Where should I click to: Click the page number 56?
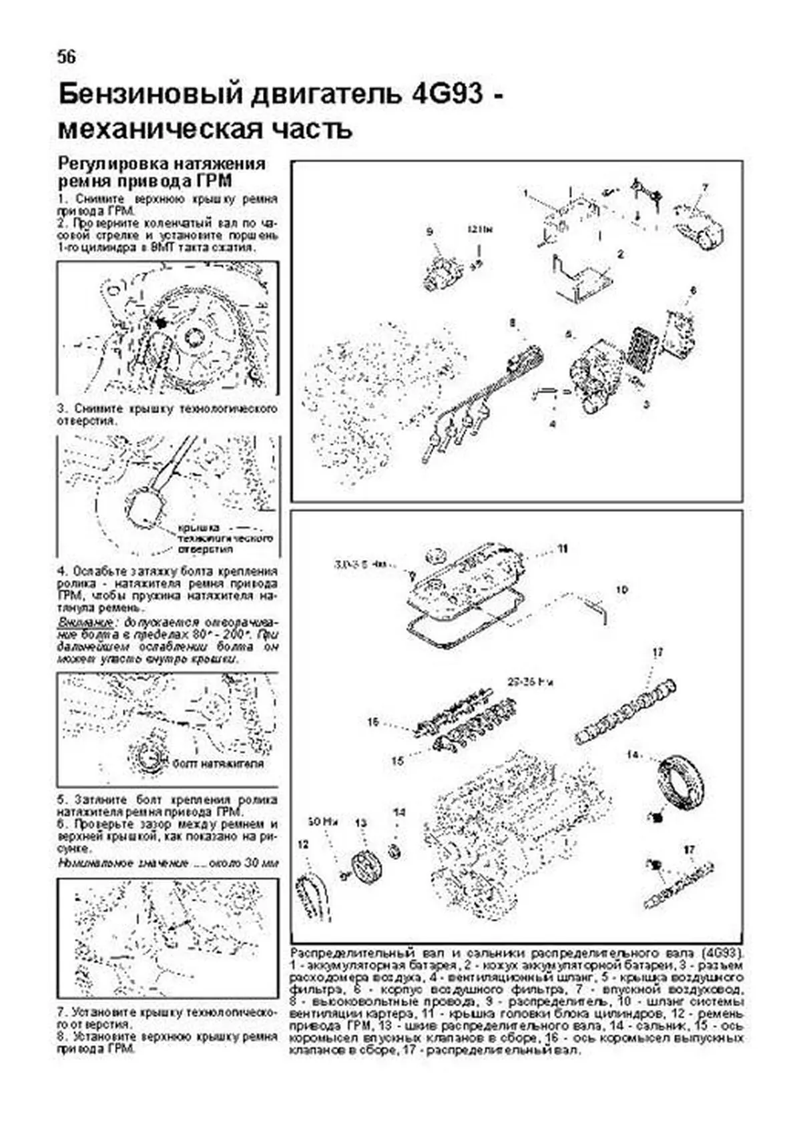coord(66,57)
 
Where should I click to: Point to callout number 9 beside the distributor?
coord(430,232)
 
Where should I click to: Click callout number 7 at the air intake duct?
coord(704,188)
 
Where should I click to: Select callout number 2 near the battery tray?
coord(620,254)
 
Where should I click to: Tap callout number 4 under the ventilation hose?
coord(552,423)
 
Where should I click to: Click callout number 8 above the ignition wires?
coord(512,323)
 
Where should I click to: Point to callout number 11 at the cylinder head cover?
coord(563,548)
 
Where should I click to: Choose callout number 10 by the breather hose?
coord(621,590)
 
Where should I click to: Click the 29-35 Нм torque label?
coord(531,682)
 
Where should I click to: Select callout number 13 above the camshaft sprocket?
coord(361,823)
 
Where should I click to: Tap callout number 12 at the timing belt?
coord(304,845)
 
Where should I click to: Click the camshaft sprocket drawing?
coord(364,866)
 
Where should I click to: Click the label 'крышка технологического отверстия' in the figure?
coord(224,538)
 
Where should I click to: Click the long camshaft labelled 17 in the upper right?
coord(627,714)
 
